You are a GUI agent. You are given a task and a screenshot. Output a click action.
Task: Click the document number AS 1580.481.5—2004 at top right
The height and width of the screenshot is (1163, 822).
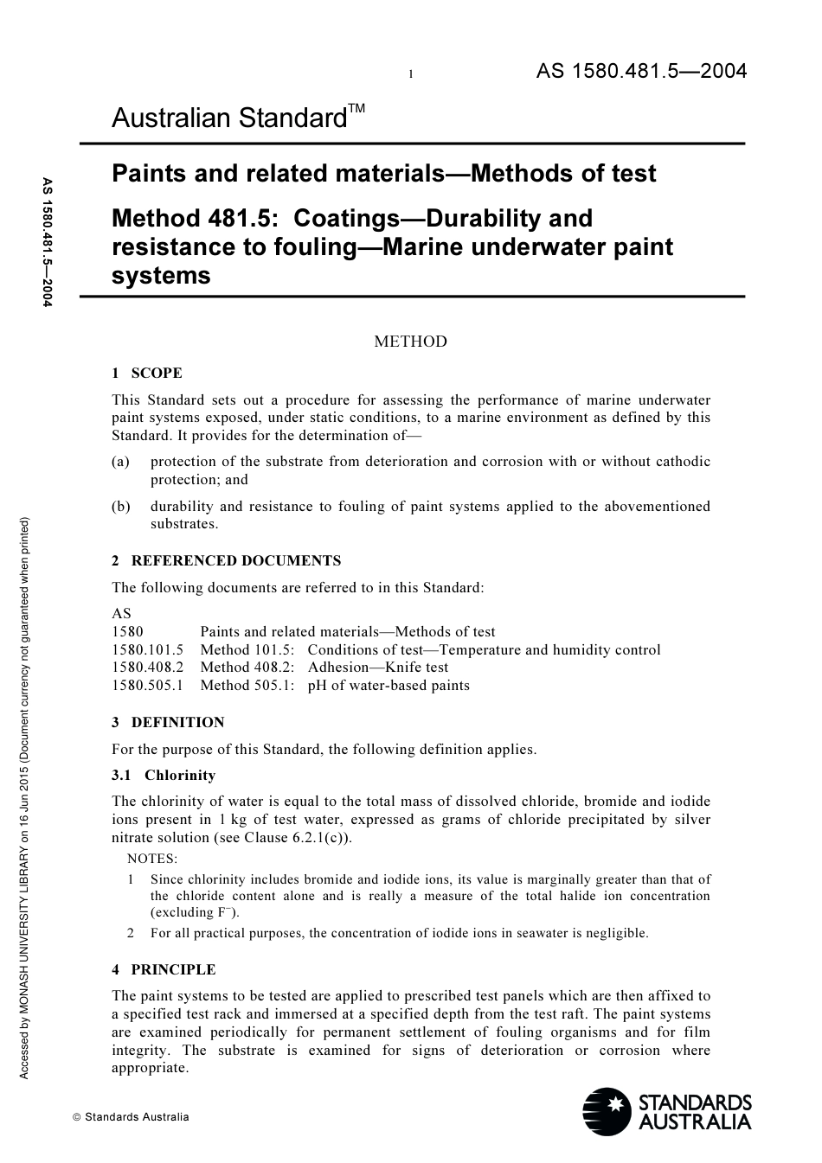click(641, 72)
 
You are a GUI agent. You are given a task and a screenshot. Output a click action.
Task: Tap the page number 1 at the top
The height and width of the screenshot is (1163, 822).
click(411, 75)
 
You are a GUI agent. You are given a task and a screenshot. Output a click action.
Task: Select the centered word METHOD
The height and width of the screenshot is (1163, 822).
click(410, 342)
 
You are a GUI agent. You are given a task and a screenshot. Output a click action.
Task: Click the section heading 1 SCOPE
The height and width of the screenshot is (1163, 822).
click(147, 374)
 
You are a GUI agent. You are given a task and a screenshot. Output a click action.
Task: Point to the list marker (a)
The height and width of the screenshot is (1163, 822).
click(121, 462)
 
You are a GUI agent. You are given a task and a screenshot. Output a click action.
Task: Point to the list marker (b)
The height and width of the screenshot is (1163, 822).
click(121, 507)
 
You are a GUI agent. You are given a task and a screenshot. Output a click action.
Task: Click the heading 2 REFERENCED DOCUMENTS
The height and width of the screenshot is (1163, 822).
click(227, 561)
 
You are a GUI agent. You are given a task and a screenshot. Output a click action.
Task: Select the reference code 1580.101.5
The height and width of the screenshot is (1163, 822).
click(148, 650)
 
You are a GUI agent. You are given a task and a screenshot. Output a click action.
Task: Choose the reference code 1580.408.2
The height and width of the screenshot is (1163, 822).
click(148, 668)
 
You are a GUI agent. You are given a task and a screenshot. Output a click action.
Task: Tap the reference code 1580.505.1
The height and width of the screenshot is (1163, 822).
click(148, 686)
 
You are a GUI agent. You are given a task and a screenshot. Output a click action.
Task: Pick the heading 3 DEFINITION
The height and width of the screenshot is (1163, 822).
click(168, 723)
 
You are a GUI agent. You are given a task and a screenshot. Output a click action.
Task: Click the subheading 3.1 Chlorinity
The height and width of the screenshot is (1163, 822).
click(164, 776)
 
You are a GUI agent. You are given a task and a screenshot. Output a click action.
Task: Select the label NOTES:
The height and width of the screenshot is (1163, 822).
click(152, 859)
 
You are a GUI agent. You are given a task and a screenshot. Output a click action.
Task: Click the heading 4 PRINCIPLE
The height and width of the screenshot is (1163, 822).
click(164, 970)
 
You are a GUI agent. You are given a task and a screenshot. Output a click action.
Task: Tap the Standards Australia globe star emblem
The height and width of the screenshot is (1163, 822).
click(607, 1112)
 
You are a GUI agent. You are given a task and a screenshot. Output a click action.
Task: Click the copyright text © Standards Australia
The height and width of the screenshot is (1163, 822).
click(131, 1117)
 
